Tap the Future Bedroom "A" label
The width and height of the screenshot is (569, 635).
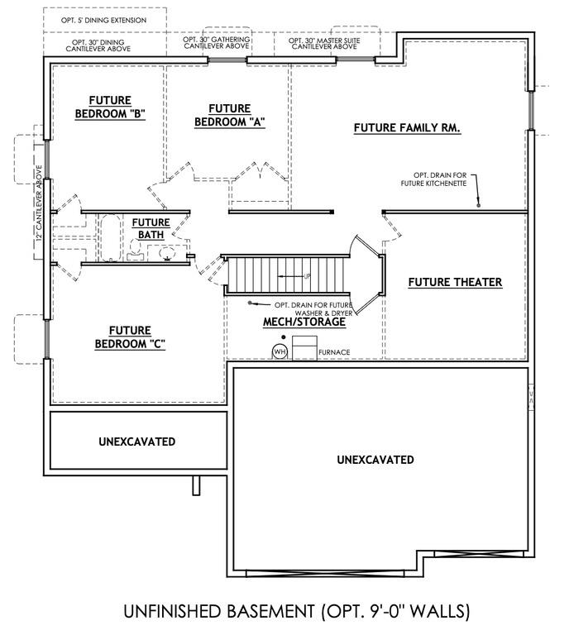(229, 115)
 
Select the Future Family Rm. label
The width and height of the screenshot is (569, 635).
(406, 128)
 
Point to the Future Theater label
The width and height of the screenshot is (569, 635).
(455, 283)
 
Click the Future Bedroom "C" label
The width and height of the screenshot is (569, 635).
(128, 337)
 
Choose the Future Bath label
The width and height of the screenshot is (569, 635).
(151, 228)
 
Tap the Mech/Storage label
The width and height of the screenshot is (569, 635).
(304, 322)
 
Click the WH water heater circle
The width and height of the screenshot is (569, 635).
(280, 351)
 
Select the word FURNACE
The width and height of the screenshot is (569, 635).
(334, 353)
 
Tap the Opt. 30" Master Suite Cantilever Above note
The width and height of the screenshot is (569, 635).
(323, 43)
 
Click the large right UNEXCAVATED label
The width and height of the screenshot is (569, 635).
(375, 460)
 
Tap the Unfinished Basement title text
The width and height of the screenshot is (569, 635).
(296, 612)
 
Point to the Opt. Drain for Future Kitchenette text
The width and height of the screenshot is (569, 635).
(447, 179)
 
